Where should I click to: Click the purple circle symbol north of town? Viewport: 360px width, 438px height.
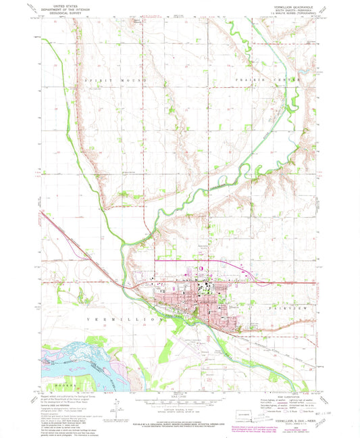pyautogui.click(x=199, y=270)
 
